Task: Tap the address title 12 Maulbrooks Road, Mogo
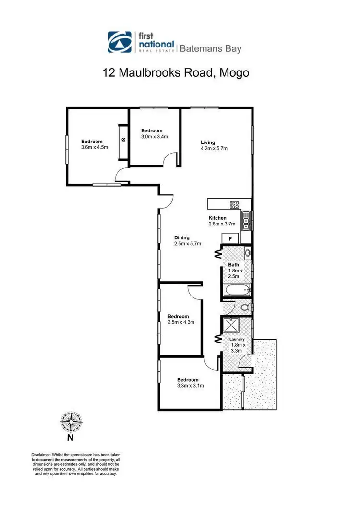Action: [176, 73]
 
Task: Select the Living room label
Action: [208, 142]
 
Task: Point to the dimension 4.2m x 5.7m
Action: [214, 149]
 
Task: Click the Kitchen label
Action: [217, 218]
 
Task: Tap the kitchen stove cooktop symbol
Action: [235, 205]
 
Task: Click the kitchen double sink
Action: [245, 221]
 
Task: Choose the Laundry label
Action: [237, 339]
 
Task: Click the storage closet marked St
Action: [123, 141]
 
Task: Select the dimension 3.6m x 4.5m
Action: [94, 147]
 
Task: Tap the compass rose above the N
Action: [70, 422]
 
